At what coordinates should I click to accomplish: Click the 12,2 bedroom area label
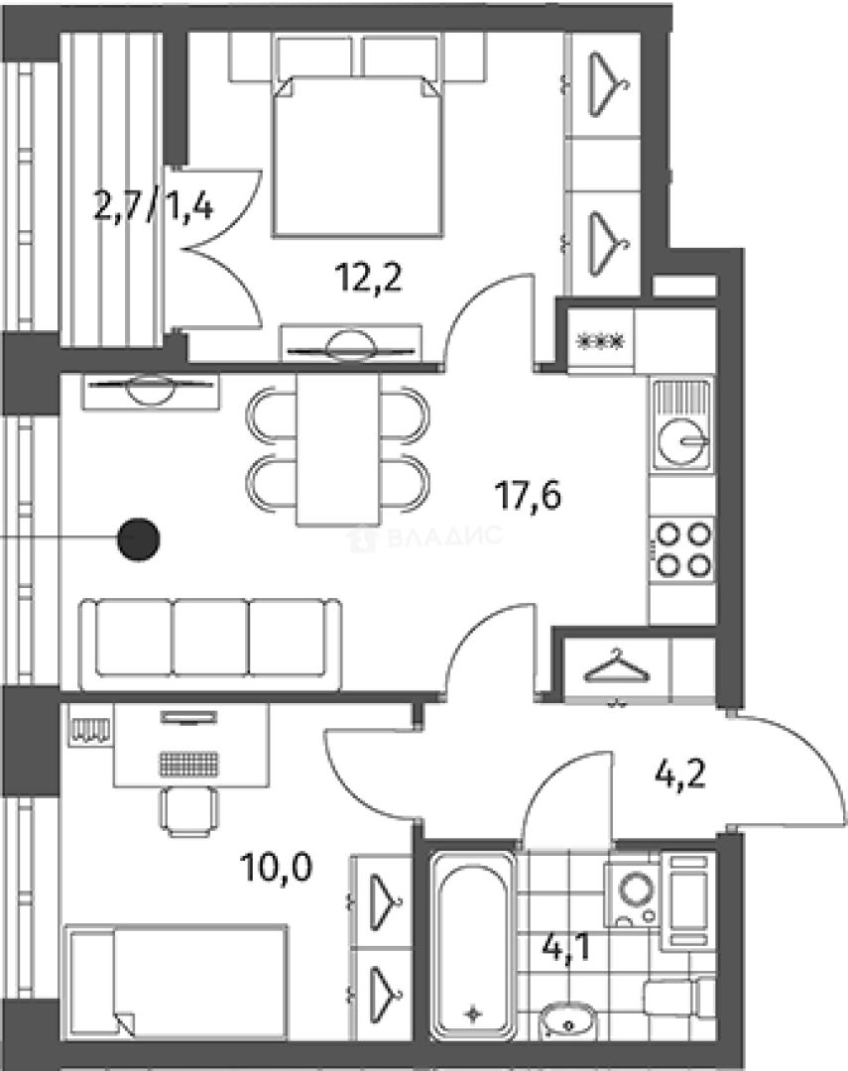(x=368, y=278)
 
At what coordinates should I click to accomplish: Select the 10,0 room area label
(x=276, y=868)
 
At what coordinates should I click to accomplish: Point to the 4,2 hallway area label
(x=680, y=774)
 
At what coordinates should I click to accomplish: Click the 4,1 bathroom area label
(x=565, y=948)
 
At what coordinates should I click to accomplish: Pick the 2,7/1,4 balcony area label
(x=153, y=206)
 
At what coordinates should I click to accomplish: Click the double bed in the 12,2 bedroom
(x=357, y=156)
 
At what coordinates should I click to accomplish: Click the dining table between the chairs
(x=337, y=449)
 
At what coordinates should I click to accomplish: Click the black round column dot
(x=139, y=539)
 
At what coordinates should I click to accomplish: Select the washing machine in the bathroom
(x=632, y=893)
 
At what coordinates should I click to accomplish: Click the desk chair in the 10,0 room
(x=189, y=811)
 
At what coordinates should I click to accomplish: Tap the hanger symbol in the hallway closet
(x=616, y=665)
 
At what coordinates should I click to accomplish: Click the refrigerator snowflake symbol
(x=601, y=340)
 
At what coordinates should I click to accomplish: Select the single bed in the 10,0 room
(x=176, y=981)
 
